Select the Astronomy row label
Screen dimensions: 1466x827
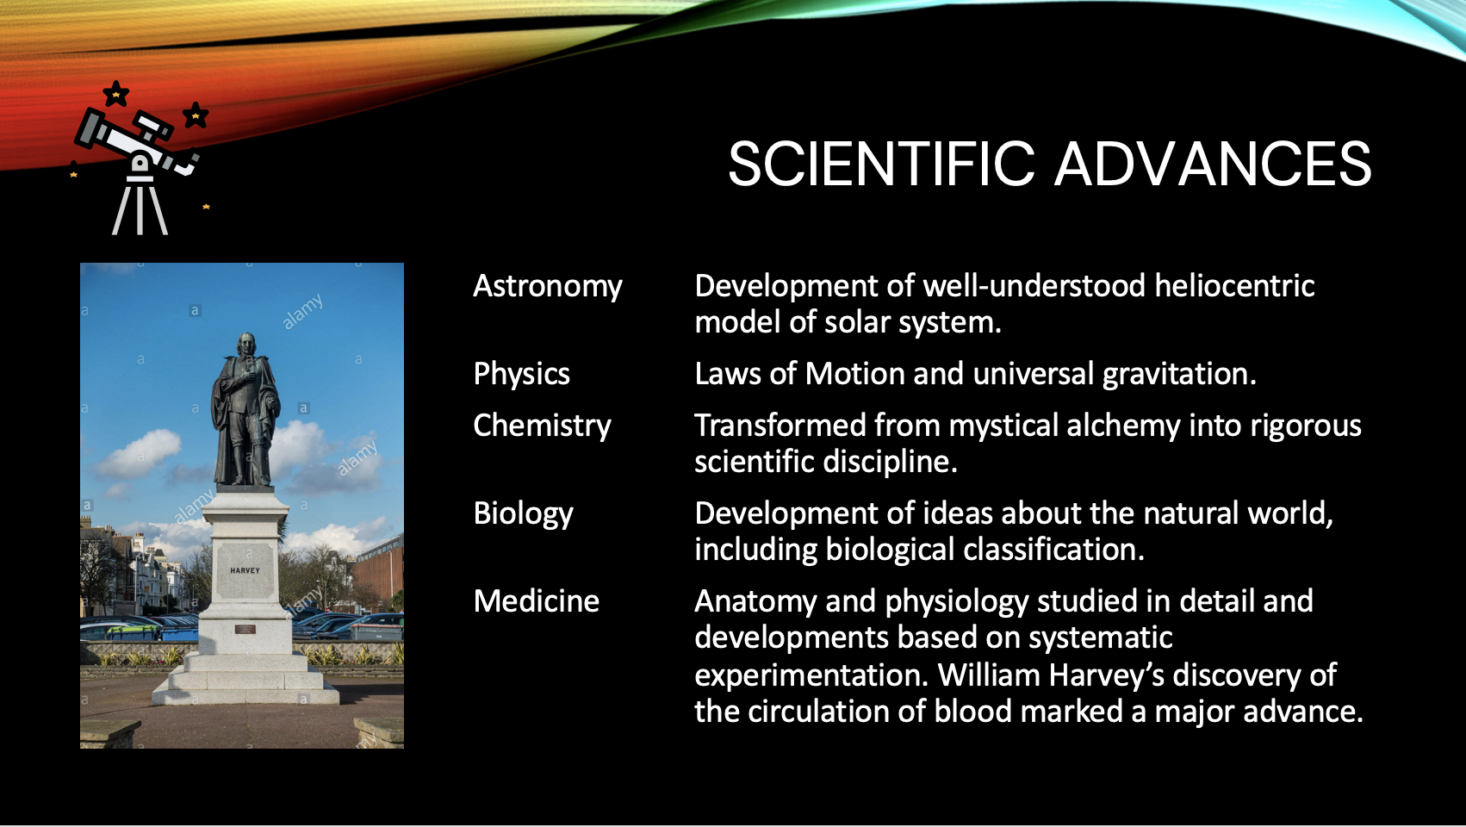(x=548, y=287)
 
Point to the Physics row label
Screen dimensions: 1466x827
(x=522, y=375)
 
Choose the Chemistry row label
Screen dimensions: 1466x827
(x=542, y=426)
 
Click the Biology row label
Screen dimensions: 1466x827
(x=523, y=514)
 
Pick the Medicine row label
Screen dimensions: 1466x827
(x=536, y=601)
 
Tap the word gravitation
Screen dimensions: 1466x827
(x=1179, y=375)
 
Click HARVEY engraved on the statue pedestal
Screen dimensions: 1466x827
(x=245, y=570)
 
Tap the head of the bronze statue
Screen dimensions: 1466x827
(x=246, y=345)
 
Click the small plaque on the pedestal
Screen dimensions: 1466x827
(x=245, y=629)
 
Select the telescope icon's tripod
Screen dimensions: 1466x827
(x=140, y=206)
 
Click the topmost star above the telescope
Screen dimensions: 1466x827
(x=115, y=94)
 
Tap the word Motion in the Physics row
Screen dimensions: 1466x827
(x=854, y=375)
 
